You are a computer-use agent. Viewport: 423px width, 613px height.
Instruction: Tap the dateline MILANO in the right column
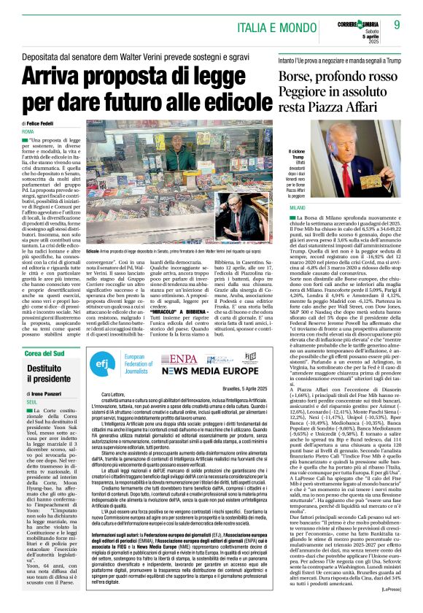click(289, 208)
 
